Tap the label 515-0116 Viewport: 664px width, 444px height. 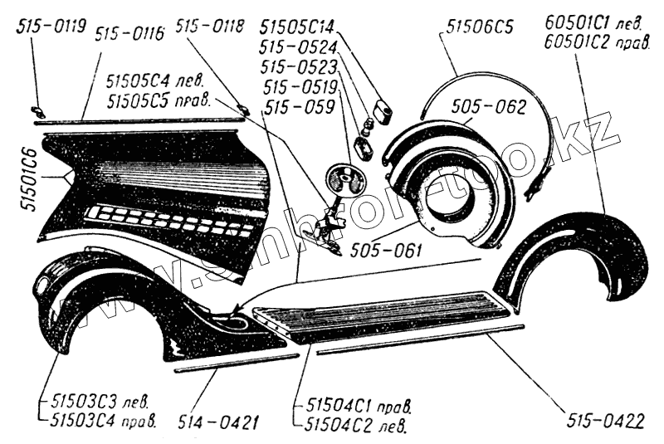pyautogui.click(x=129, y=34)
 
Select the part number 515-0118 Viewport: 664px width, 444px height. pyautogui.click(x=210, y=27)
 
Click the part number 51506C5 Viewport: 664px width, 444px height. pyautogui.click(x=479, y=27)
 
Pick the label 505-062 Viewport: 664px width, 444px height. pyautogui.click(x=490, y=106)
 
